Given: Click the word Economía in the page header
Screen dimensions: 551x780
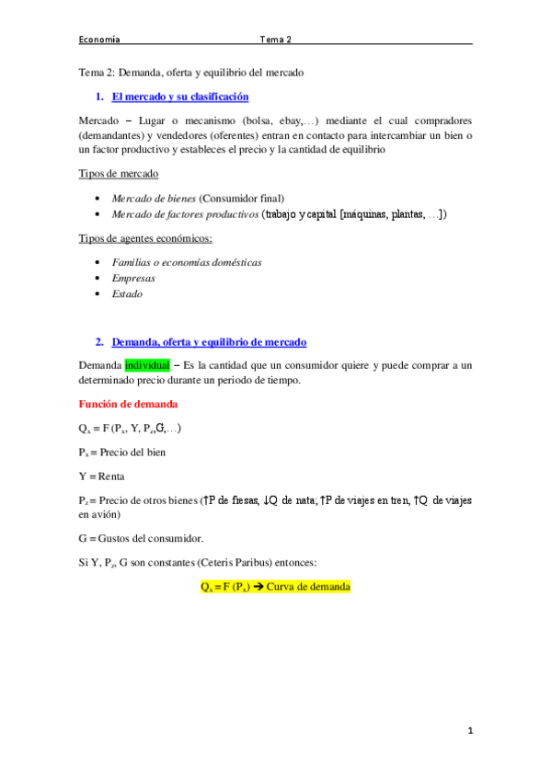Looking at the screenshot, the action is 99,40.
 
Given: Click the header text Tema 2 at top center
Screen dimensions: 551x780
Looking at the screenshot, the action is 275,40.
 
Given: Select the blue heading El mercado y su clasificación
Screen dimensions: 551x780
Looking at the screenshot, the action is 179,96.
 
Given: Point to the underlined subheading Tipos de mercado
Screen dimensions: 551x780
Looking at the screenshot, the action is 119,174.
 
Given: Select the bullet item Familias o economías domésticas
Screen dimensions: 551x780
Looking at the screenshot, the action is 187,262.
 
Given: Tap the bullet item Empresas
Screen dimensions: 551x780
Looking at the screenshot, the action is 133,278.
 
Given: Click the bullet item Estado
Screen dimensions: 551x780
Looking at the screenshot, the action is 127,294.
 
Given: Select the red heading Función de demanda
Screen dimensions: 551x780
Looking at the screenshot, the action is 127,404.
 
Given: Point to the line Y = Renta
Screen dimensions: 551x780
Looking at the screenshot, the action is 102,476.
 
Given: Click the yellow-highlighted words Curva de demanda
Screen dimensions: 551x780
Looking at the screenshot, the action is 306,586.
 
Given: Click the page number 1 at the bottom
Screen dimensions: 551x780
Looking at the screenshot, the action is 469,730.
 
